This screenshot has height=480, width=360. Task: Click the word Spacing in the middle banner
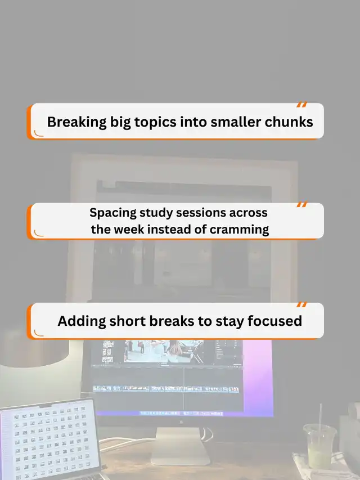pos(113,213)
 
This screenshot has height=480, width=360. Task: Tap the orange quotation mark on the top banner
pos(301,105)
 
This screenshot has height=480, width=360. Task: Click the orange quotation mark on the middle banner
pos(301,204)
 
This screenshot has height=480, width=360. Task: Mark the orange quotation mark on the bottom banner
pos(301,304)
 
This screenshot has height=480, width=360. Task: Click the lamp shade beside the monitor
pos(34,349)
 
